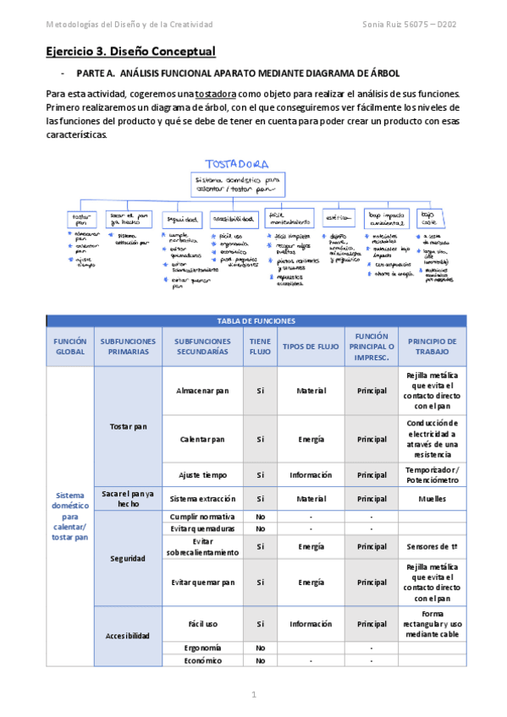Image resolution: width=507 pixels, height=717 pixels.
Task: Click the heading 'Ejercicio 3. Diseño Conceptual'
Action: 130,52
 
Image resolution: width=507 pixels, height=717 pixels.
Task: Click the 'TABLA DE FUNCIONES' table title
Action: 256,321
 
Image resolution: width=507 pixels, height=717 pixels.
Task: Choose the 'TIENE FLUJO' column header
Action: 260,346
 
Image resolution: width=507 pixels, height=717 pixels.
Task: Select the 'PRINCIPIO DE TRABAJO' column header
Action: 432,346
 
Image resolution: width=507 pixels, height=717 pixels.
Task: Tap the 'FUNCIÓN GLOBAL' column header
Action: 70,346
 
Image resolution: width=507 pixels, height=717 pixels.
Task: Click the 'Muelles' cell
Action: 432,499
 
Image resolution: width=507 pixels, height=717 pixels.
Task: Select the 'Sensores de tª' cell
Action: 432,546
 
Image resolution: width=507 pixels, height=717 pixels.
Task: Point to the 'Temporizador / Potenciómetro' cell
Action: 432,474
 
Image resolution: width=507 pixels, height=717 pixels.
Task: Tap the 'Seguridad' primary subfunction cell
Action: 127,558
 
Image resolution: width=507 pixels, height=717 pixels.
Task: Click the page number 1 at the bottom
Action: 253,694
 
